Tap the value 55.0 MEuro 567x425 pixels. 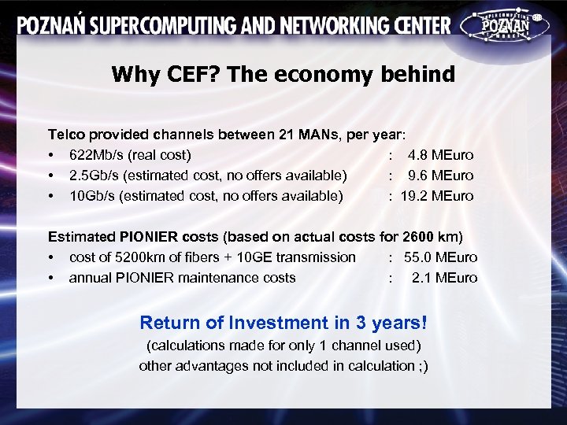(440, 257)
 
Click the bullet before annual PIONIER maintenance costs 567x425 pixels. (51, 278)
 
